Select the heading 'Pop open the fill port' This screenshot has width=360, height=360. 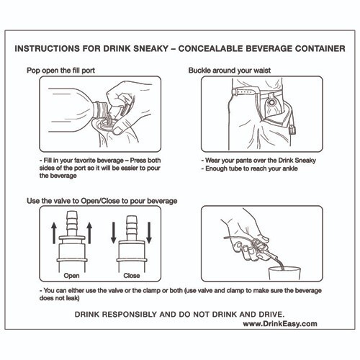66,71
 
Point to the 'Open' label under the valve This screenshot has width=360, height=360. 71,275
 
